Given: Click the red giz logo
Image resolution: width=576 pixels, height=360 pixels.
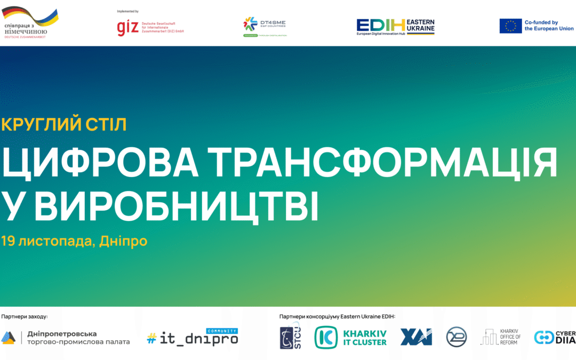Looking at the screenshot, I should [x=127, y=28].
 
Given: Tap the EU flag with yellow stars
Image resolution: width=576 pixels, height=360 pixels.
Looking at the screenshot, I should [x=510, y=26].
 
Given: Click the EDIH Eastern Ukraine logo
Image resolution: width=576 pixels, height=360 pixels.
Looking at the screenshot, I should [x=396, y=27].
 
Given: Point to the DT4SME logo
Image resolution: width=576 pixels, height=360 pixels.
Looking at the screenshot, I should [x=265, y=27].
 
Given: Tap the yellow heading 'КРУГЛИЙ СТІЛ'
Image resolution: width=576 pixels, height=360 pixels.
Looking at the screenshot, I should [x=64, y=125].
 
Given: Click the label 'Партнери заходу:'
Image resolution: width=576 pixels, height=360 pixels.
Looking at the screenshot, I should [x=25, y=317].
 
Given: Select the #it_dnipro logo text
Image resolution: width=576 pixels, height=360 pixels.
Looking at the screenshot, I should [x=192, y=339].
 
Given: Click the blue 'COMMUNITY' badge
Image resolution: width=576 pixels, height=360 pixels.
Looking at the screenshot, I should [x=221, y=331].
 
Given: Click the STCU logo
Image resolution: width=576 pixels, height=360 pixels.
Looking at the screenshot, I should [x=291, y=338].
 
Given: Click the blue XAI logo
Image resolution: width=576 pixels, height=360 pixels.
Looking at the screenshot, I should [x=416, y=337].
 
